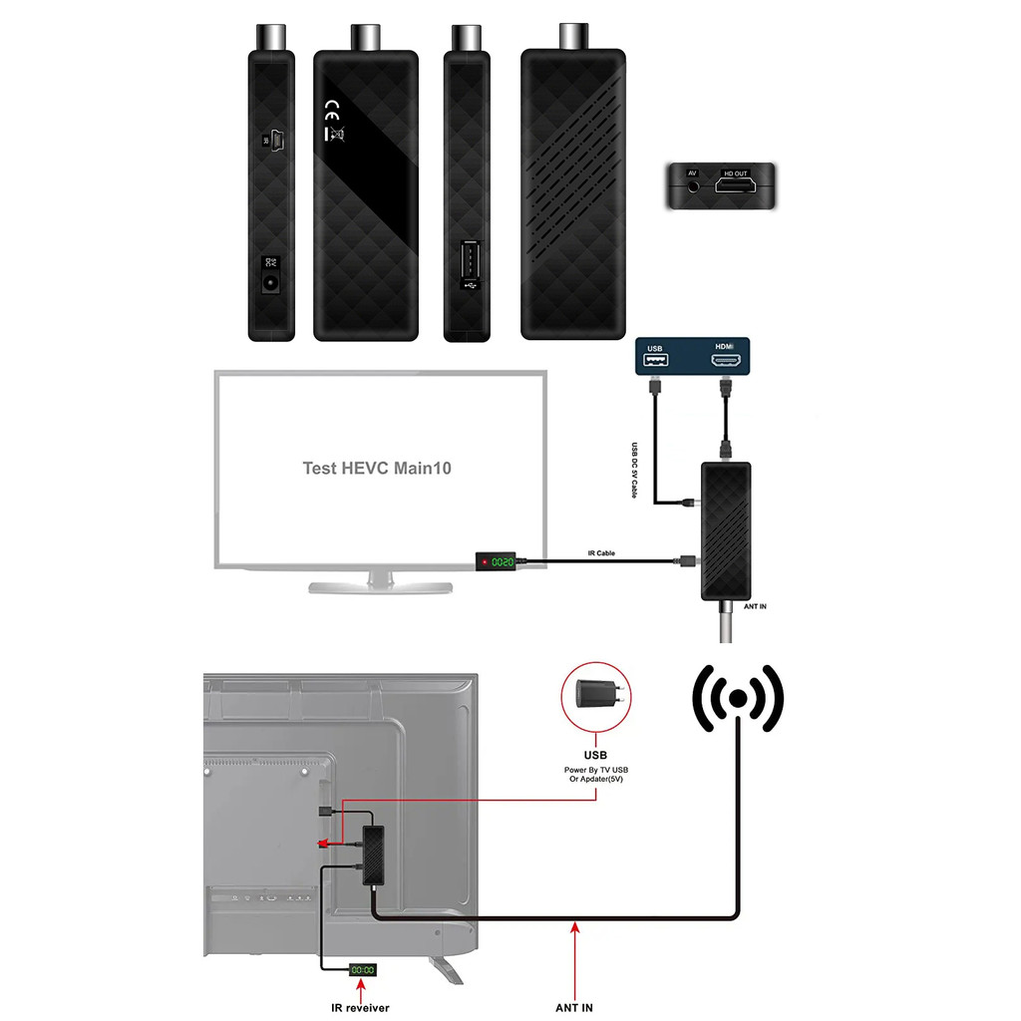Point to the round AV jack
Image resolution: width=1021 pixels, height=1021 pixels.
(692, 183)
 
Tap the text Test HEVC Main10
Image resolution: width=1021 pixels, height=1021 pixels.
(377, 468)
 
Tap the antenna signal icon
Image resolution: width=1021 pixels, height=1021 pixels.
(738, 697)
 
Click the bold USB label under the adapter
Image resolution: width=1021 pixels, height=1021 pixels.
(595, 755)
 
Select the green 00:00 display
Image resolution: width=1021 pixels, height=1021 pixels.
(362, 969)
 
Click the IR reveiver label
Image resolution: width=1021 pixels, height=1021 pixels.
(361, 1007)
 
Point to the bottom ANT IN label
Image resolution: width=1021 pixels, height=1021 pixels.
(575, 1007)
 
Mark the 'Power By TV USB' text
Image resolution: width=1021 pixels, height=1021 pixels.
(596, 772)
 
